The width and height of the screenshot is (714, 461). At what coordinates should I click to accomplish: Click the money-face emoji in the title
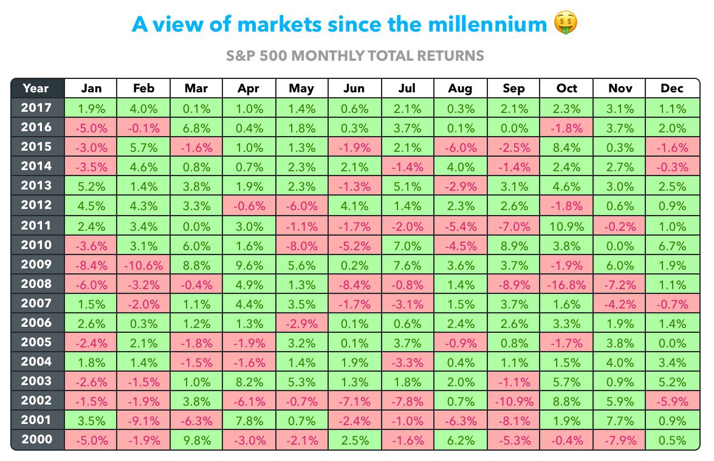pos(566,22)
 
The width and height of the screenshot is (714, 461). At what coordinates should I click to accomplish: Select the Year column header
pos(36,88)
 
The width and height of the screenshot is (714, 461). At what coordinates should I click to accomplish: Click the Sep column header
pos(513,88)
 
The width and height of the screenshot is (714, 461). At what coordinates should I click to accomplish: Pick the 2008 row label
pos(36,284)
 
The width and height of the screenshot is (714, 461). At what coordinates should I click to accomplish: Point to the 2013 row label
pos(36,186)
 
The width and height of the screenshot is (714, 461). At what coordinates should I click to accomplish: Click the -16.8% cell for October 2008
pos(566,285)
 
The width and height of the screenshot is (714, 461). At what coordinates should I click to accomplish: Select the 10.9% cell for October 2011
pos(566,226)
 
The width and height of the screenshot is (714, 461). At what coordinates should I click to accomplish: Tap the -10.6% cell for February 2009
pos(143,265)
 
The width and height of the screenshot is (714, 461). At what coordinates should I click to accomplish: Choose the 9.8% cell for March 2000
pos(196,440)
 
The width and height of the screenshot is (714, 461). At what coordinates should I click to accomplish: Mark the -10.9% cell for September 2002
pos(513,401)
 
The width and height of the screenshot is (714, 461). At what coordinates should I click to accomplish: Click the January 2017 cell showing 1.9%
pos(91,109)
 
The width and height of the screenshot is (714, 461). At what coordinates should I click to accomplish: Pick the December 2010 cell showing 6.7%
pos(672,246)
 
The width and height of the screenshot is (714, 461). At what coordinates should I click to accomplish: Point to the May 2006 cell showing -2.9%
pos(301,324)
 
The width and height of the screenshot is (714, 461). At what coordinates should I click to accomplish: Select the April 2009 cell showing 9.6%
pos(249,265)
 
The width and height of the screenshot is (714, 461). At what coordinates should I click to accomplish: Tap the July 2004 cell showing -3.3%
pos(408,363)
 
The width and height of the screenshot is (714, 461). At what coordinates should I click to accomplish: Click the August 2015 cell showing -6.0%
pos(461,148)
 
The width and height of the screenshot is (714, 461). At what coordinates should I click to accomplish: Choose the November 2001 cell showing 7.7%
pos(619,421)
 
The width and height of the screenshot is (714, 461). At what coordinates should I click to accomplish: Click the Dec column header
pos(672,88)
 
